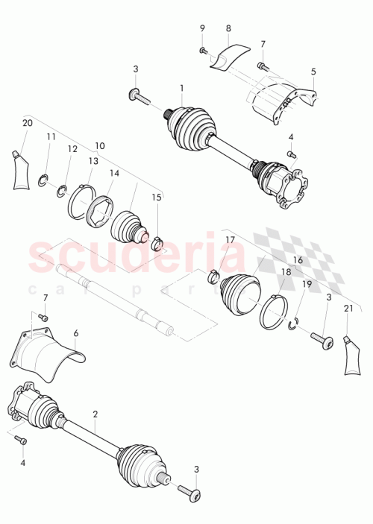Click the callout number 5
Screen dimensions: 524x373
pos(313,72)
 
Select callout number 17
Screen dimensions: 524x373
pos(230,239)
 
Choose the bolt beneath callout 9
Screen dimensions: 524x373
pos(202,50)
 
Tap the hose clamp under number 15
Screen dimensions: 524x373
pos(158,242)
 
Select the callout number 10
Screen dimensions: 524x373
pos(99,146)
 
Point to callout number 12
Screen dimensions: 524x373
pos(72,149)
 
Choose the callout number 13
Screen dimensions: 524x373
pos(93,160)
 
